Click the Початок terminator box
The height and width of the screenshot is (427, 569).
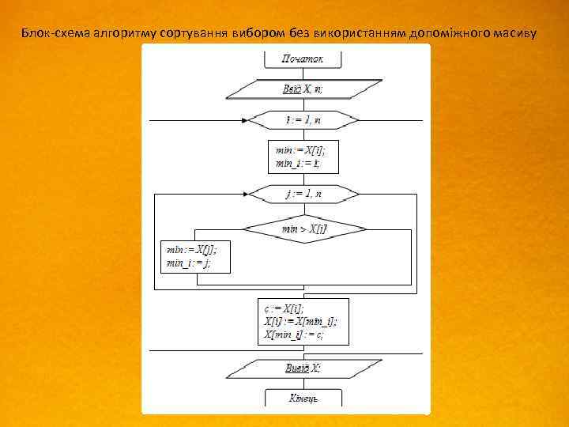(x=303, y=59)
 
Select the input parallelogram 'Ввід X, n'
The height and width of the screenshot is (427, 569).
(x=303, y=89)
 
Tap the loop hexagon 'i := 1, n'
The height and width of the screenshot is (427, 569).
(x=303, y=120)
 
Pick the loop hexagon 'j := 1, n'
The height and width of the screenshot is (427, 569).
(x=303, y=193)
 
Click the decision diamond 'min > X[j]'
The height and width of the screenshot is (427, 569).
(x=304, y=229)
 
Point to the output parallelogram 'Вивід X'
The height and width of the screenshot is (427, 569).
(x=303, y=368)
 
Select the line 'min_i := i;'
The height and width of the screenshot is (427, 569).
(x=297, y=164)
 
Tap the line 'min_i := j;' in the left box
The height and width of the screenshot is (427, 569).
(x=188, y=263)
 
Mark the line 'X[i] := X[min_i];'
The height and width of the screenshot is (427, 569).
(x=300, y=322)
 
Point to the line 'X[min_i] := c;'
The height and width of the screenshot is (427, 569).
(x=294, y=334)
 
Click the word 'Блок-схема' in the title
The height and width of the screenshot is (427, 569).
(x=49, y=34)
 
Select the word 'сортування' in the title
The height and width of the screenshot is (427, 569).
(x=195, y=34)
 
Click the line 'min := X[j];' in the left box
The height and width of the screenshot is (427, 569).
(x=190, y=249)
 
